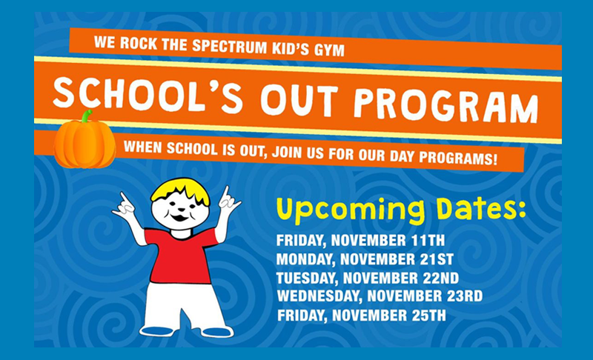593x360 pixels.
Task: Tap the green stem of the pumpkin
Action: [x=87, y=116]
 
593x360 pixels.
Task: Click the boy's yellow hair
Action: [x=181, y=191]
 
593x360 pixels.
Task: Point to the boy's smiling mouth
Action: [x=179, y=218]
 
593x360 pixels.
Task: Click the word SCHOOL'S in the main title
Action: [x=148, y=95]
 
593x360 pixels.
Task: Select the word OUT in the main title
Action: [x=299, y=100]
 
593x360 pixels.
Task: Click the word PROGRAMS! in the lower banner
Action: [x=458, y=158]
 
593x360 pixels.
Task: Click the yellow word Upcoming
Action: [x=351, y=210]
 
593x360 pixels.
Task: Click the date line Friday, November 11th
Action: [x=360, y=240]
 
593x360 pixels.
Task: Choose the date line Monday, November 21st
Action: [x=365, y=259]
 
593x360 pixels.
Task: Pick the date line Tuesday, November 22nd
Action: [x=368, y=278]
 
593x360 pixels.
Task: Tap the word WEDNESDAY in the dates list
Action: [x=319, y=296]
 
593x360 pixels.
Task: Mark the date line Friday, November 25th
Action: [x=362, y=316]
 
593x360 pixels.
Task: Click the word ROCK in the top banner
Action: [x=138, y=43]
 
